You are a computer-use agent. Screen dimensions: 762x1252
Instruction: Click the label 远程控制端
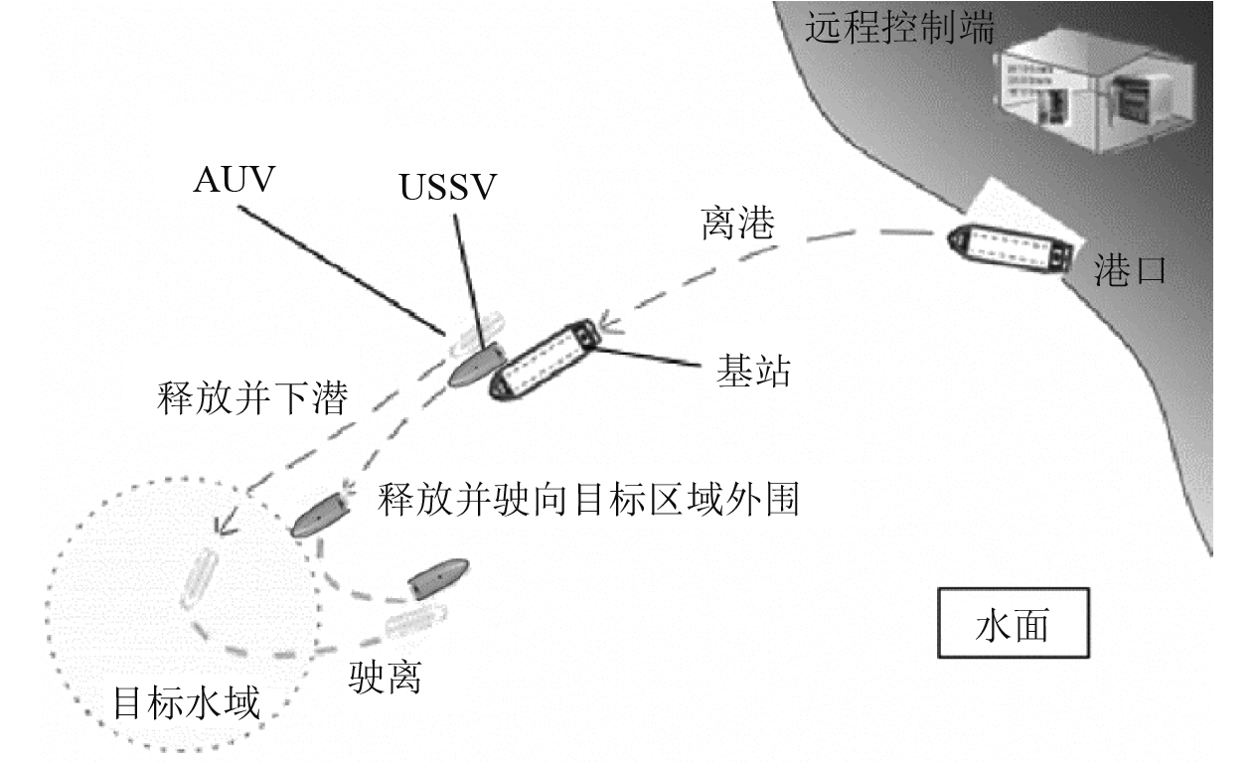[x=899, y=28]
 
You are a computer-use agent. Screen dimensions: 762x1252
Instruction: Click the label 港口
[x=1129, y=268]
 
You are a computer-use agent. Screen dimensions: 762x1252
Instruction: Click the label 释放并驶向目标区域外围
[x=587, y=500]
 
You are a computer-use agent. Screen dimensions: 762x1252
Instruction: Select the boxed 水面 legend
[x=1013, y=624]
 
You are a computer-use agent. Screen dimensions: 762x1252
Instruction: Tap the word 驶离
[x=387, y=678]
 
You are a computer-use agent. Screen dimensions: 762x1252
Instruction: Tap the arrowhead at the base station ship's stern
[x=609, y=324]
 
